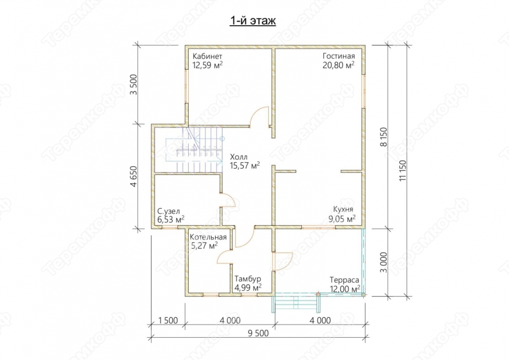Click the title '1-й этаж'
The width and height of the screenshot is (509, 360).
point(253,21)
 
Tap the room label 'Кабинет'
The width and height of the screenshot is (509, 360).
point(208,56)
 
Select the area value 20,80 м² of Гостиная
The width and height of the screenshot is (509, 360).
point(339,65)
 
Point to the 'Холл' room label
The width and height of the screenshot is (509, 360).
point(238,157)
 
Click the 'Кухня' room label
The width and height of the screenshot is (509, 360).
point(344,209)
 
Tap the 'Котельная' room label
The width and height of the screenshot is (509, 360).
point(208,237)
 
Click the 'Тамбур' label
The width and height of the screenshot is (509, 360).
point(248,279)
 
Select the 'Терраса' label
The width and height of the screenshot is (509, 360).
point(344,280)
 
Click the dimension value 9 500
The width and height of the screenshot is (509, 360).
point(259,333)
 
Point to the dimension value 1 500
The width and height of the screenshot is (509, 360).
point(168,321)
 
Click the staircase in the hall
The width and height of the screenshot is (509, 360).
point(194,150)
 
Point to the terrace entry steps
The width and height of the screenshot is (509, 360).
point(296,303)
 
